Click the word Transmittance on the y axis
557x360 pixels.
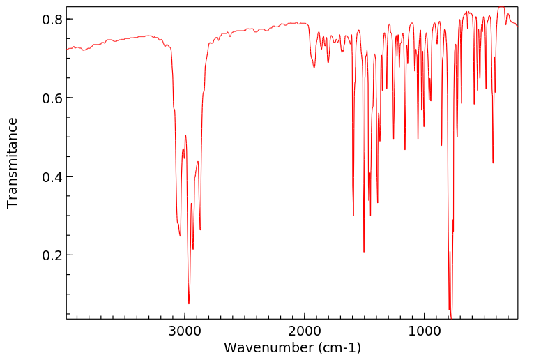pyautogui.click(x=13, y=163)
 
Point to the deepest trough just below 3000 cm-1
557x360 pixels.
pyautogui.click(x=189, y=303)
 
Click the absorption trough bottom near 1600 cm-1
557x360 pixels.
pyautogui.click(x=353, y=215)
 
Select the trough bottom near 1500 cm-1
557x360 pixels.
pyautogui.click(x=364, y=252)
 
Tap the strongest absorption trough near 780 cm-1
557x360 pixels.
pyautogui.click(x=451, y=317)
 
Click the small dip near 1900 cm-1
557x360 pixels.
pyautogui.click(x=314, y=67)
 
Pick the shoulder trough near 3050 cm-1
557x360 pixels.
pyautogui.click(x=180, y=235)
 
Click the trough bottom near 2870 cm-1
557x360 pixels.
pyautogui.click(x=200, y=230)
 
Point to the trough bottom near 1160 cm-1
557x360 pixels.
pyautogui.click(x=405, y=149)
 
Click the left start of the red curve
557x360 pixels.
pyautogui.click(x=67, y=49)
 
